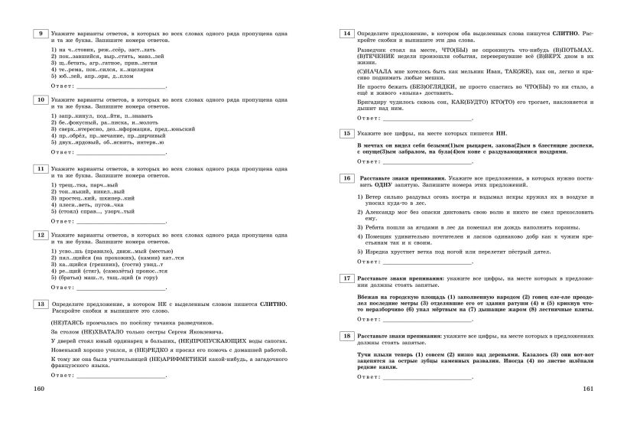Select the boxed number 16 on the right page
(x=347, y=177)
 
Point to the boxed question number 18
(x=347, y=337)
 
